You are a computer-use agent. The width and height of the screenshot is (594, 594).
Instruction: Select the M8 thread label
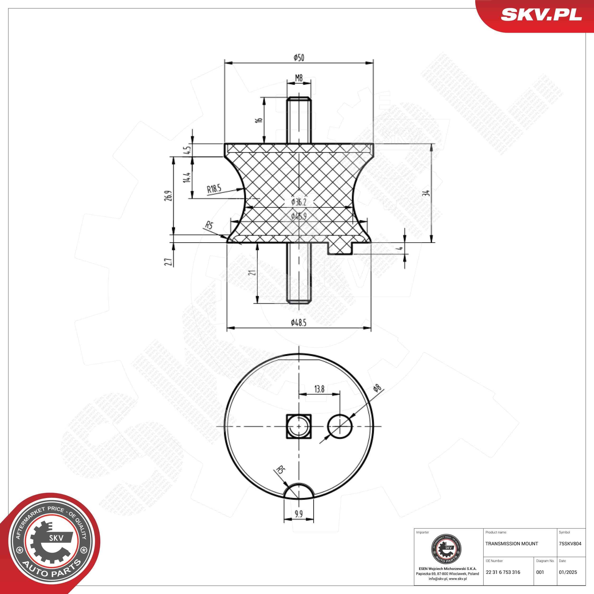click(298, 78)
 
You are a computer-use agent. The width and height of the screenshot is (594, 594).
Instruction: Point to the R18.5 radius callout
click(214, 189)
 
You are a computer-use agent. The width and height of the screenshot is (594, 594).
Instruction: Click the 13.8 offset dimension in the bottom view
click(319, 389)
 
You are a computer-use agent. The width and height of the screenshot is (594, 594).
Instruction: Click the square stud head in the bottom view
click(298, 426)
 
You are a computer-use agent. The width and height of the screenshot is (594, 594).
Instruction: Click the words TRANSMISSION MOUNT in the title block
click(512, 544)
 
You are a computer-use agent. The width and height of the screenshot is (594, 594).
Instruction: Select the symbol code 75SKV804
click(570, 544)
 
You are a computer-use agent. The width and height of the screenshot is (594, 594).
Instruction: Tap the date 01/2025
click(568, 572)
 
